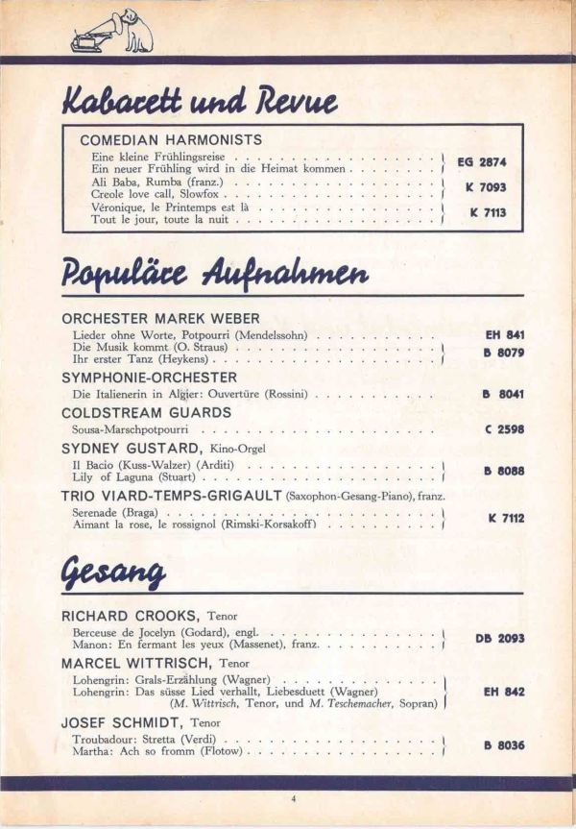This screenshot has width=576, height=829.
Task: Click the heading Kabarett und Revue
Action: pos(200,100)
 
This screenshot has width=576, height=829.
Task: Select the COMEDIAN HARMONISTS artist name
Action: pos(171,139)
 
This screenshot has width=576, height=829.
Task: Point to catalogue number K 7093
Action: pos(485,187)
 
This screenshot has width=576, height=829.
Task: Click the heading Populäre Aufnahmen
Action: pos(216,274)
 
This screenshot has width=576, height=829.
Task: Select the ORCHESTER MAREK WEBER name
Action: pos(160,318)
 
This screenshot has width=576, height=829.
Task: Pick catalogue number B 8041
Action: pos(503,394)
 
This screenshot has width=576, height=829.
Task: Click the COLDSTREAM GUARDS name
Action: pos(146,412)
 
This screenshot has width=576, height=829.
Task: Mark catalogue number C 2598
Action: pos(504,429)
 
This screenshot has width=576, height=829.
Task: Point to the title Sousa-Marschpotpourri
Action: pos(131,429)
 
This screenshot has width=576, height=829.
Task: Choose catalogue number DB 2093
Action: pos(499,638)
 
